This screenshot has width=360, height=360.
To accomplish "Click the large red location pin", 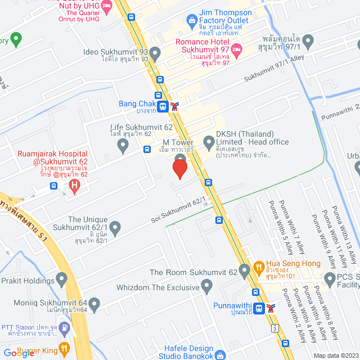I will coord(179,167).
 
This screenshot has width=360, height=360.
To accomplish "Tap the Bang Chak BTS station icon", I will coord(162,105).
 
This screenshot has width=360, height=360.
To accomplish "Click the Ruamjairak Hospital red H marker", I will coord(73,184).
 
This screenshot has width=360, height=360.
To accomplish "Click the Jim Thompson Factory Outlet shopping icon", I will coord(191,20).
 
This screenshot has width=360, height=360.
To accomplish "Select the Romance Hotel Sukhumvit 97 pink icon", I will coord(237,51).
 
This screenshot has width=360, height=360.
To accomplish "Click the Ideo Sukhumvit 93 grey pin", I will coord(155,53).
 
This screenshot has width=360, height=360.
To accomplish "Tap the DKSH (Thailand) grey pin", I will coord(209,138).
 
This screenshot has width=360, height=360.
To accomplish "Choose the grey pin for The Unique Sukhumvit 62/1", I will coord(115,228).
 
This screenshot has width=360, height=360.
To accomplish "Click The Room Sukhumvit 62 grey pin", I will coord(244,272).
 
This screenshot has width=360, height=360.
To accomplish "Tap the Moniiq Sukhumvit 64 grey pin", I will coord(94,305).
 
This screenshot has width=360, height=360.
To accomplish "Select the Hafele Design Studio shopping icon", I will coord(221,355).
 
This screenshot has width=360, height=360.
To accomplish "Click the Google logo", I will coord(19,353).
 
